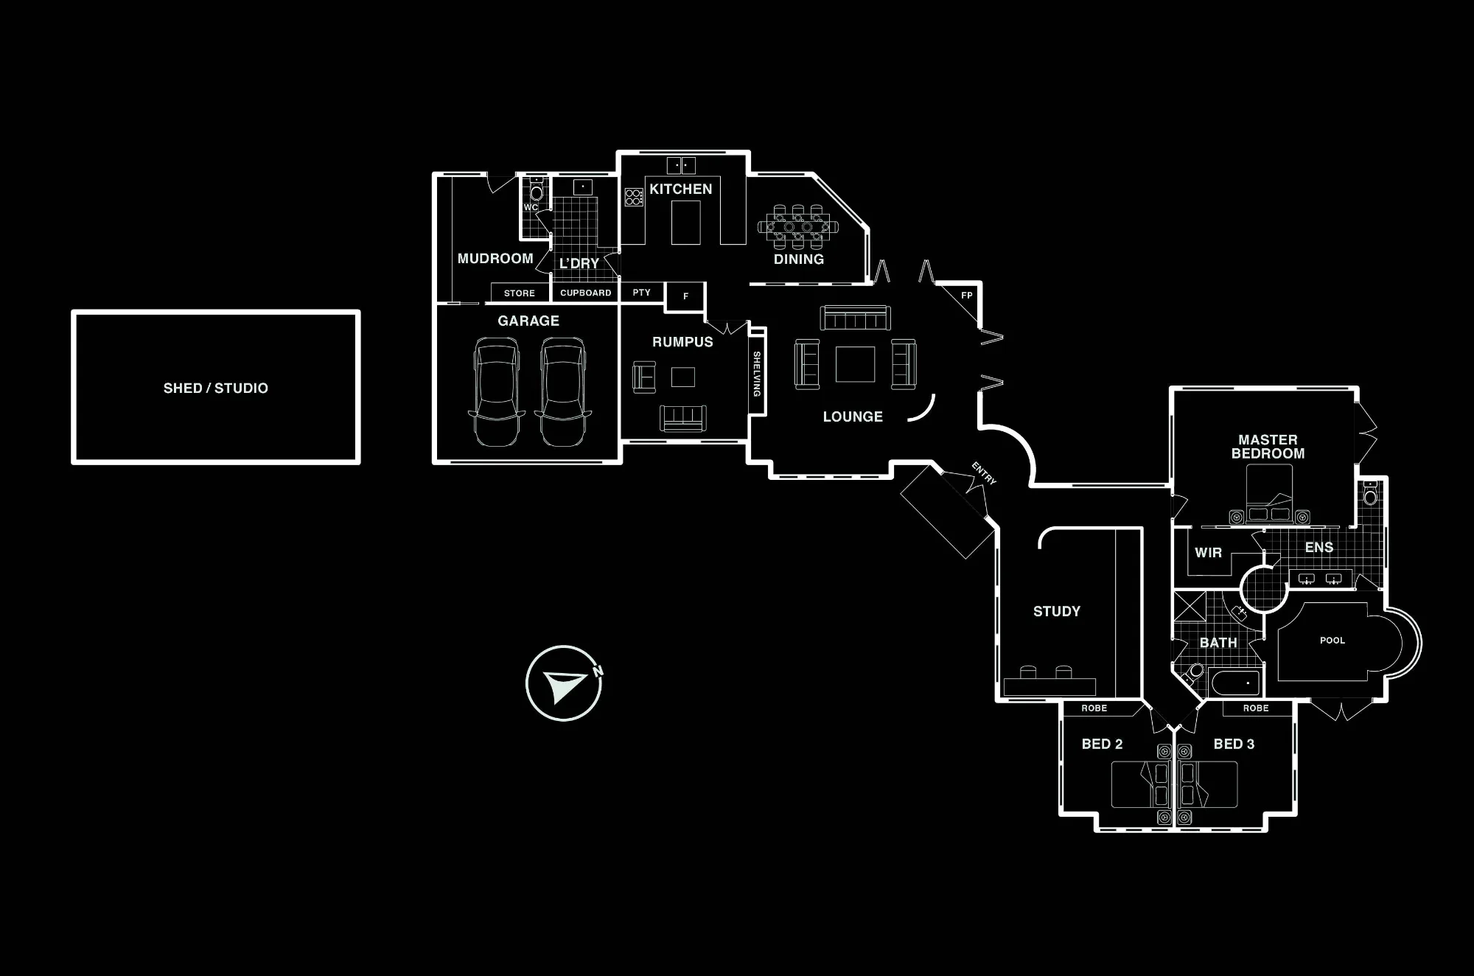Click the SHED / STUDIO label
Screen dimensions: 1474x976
coord(216,388)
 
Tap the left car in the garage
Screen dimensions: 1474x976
coord(497,391)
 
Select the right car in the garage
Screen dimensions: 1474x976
coord(563,391)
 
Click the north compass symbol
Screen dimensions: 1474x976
coord(564,683)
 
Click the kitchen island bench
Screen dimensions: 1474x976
coord(685,223)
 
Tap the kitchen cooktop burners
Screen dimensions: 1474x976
coord(634,197)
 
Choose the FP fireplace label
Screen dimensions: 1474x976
coord(967,296)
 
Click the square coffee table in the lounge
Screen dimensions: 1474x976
coord(855,364)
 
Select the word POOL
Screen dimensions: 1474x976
coord(1332,641)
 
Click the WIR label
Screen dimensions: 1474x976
coord(1208,552)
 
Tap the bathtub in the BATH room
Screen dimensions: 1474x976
coord(1234,683)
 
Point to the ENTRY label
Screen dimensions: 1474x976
coord(984,473)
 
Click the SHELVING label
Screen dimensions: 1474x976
coord(757,374)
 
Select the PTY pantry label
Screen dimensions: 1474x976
coord(642,293)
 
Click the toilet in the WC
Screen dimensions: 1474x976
coord(537,190)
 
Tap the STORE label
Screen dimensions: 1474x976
coord(520,293)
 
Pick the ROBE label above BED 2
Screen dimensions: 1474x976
coord(1094,708)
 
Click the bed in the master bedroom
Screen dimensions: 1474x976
coord(1269,494)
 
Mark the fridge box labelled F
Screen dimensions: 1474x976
coord(685,296)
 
